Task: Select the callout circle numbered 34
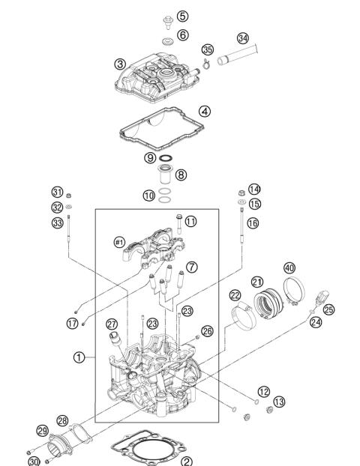[x=242, y=38]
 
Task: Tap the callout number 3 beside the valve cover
[x=119, y=64]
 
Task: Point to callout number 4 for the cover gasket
[x=205, y=111]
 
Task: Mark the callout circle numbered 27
[x=111, y=324]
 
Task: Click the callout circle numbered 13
[x=279, y=402]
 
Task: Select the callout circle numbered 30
[x=34, y=461]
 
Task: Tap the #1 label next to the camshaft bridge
[x=119, y=241]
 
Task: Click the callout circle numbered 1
[x=79, y=357]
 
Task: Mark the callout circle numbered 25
[x=328, y=309]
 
